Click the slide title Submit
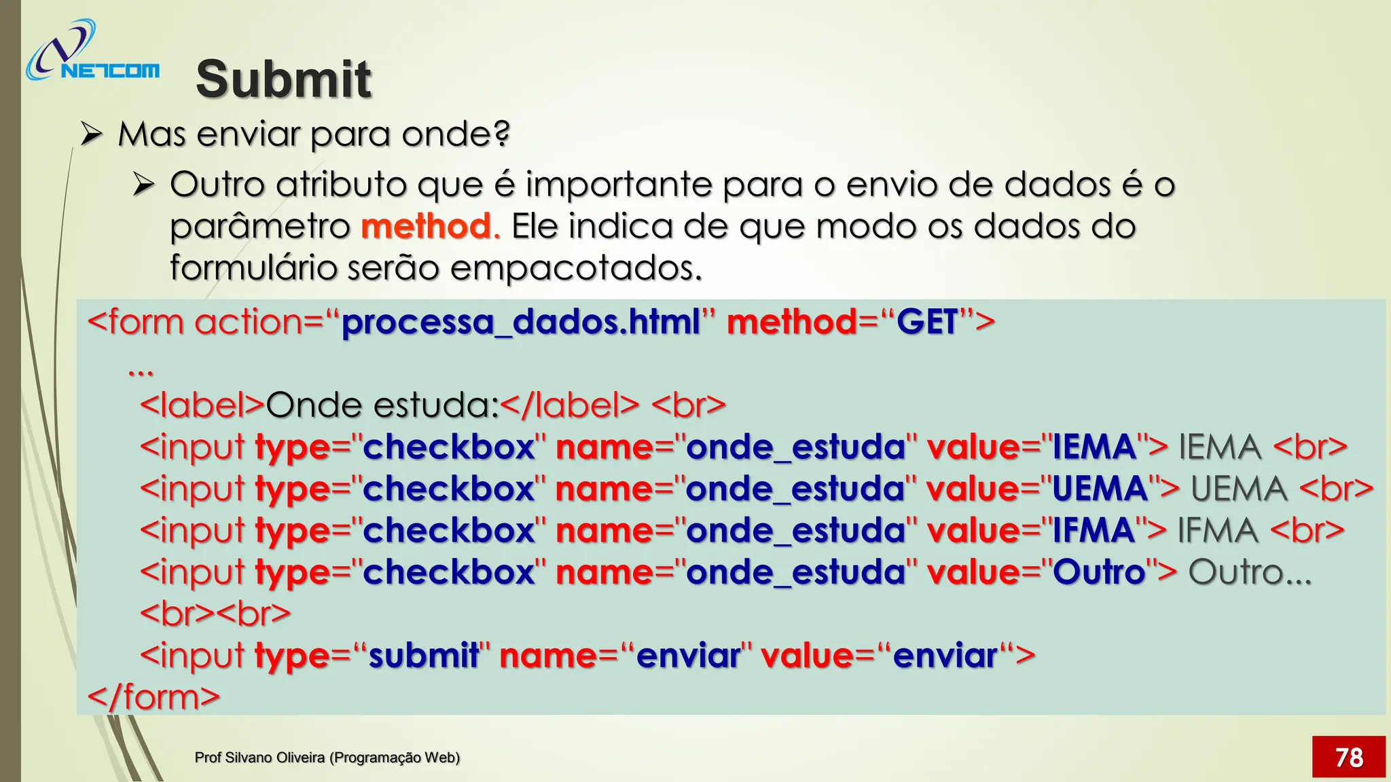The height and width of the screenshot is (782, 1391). [x=283, y=79]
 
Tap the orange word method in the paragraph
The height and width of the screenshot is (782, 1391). [x=426, y=226]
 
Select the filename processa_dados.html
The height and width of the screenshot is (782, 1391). [x=520, y=322]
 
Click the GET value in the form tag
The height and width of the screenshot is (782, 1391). [x=927, y=322]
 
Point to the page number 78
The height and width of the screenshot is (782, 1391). [x=1348, y=757]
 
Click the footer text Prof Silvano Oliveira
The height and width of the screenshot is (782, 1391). [x=327, y=758]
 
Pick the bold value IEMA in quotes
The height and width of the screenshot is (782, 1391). [x=1094, y=447]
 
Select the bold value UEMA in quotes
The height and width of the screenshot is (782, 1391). [x=1100, y=489]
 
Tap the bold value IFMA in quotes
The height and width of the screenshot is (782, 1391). [x=1093, y=531]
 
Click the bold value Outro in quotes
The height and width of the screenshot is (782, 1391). [x=1099, y=572]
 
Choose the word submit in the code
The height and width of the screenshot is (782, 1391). [x=423, y=656]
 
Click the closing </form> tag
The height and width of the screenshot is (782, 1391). [x=153, y=697]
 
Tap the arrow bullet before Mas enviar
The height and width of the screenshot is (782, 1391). [x=91, y=134]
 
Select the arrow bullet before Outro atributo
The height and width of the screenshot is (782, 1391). [x=144, y=184]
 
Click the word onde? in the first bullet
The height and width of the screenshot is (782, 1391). [x=455, y=134]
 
